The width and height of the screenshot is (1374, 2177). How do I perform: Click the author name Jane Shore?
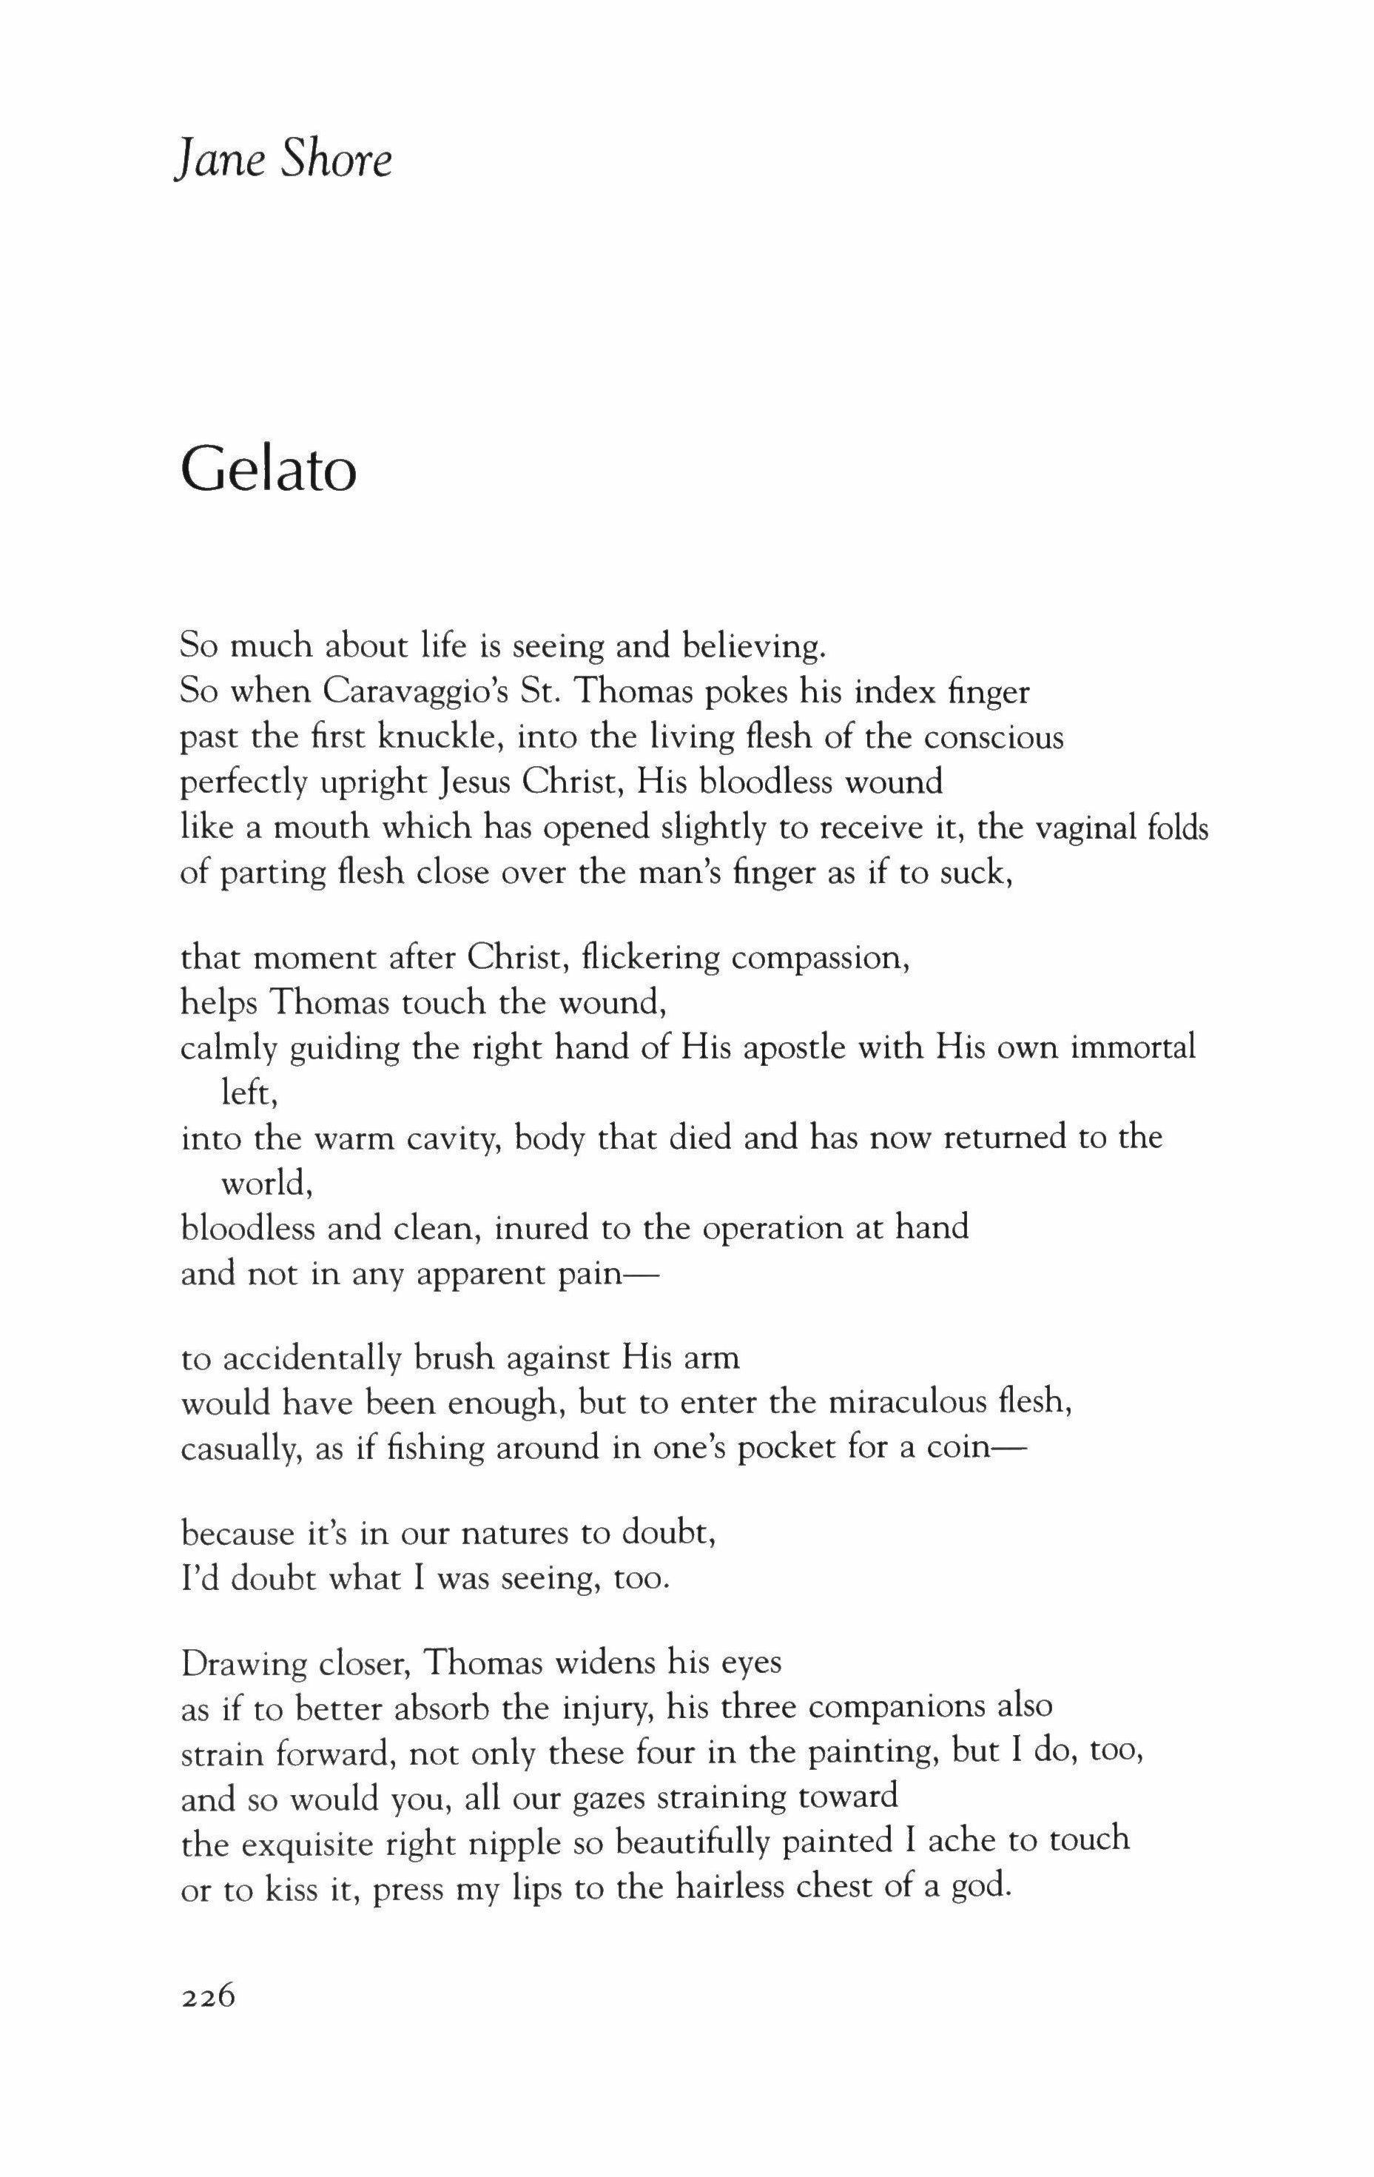coord(283,161)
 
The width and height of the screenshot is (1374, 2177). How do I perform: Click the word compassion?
coord(819,959)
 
